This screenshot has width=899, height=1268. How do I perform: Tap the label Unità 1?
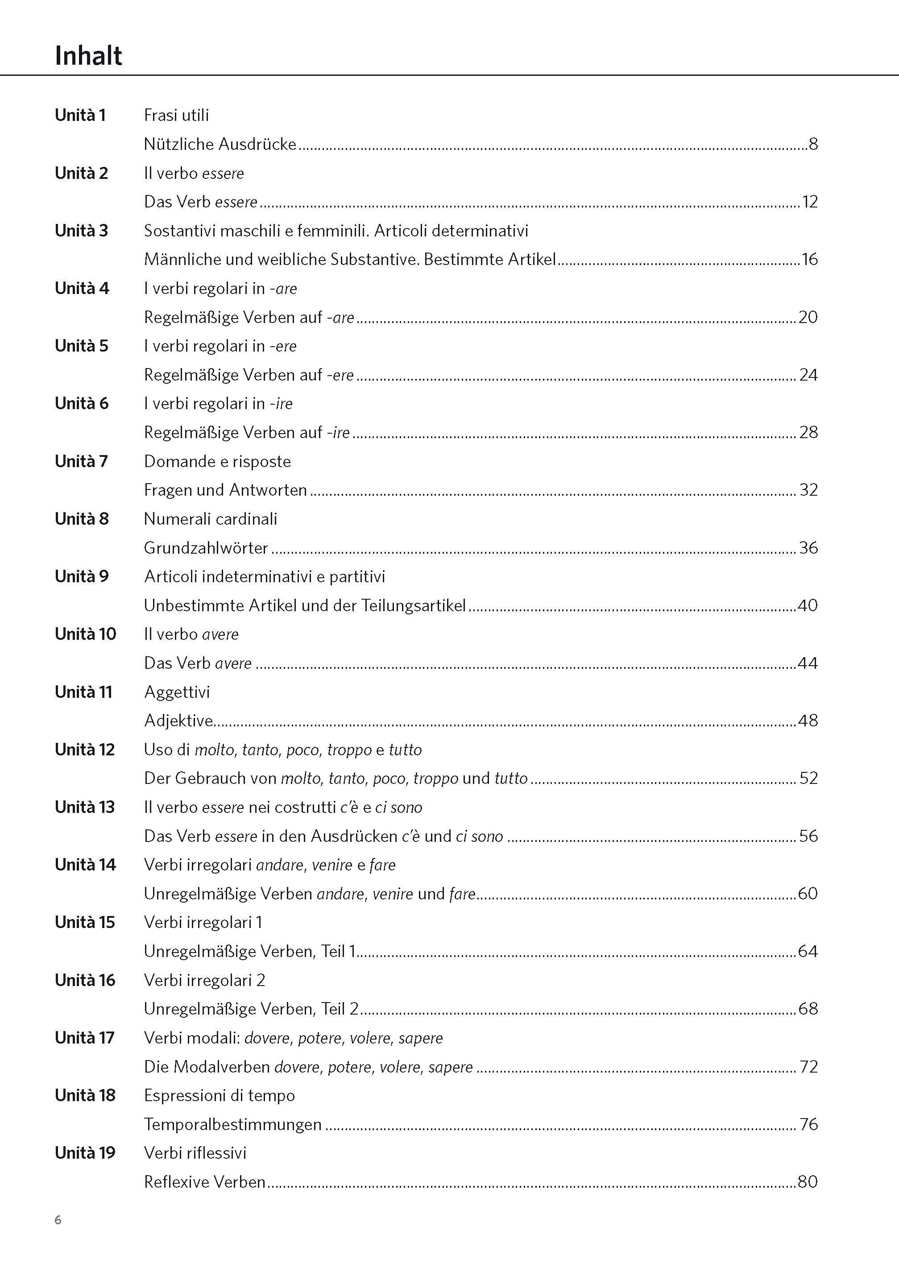[x=80, y=115]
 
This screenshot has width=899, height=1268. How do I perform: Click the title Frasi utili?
[x=176, y=115]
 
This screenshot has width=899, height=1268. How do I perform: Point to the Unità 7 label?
[x=81, y=461]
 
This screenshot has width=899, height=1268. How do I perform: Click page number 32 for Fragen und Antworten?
[x=808, y=490]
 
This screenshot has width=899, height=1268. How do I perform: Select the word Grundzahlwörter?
[x=206, y=548]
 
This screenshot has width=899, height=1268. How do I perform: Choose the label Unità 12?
[x=84, y=750]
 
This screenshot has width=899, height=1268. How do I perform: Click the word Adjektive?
[x=178, y=721]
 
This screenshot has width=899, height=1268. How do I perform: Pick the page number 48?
[x=808, y=721]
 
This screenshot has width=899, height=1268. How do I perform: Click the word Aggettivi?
[x=177, y=692]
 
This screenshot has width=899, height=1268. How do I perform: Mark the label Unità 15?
[x=84, y=922]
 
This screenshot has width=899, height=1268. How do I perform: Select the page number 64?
[x=808, y=951]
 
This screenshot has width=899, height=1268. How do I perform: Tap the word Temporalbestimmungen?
[x=232, y=1124]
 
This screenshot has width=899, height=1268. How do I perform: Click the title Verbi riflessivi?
[x=195, y=1153]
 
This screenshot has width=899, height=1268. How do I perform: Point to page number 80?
[x=808, y=1181]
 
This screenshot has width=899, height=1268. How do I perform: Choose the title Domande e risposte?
[x=217, y=461]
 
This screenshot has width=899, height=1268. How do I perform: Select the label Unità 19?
[x=85, y=1153]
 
